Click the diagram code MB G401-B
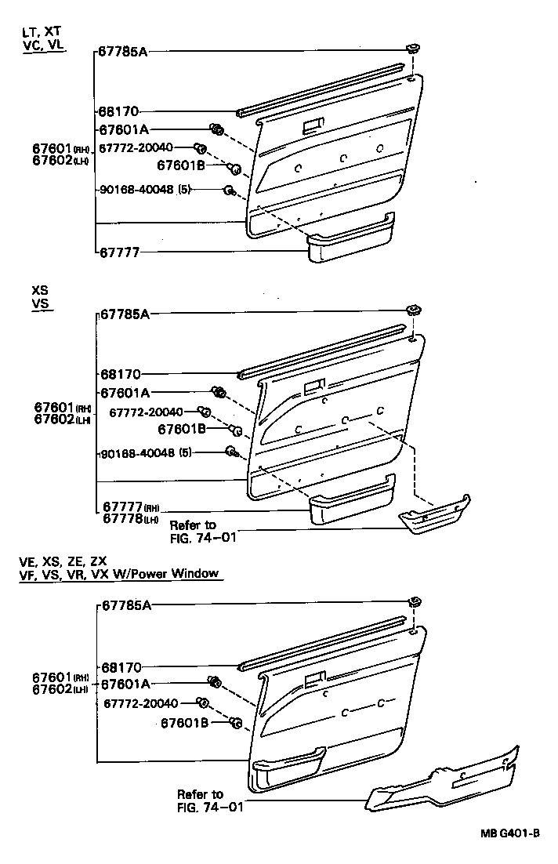point(510,833)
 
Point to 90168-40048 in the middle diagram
point(137,452)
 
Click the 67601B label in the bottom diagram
point(185,723)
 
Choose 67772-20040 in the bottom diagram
point(141,704)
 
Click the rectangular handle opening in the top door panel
point(313,124)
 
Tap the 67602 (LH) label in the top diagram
point(63,161)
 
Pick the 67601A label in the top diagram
point(124,129)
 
